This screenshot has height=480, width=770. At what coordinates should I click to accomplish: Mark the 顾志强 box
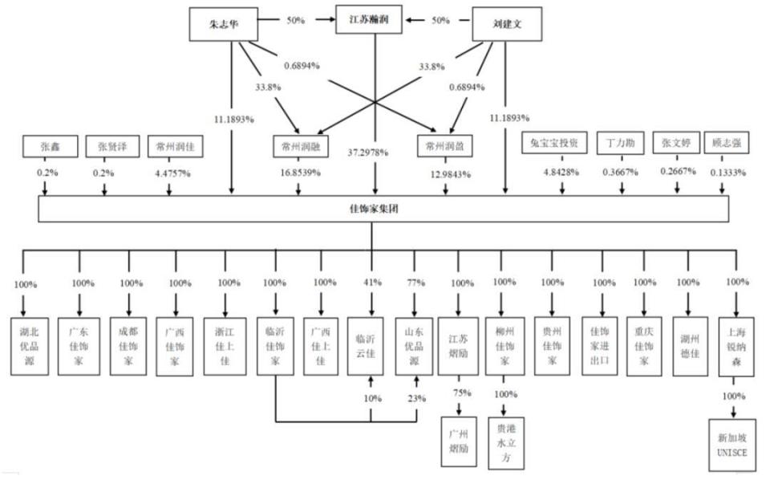pos(726,144)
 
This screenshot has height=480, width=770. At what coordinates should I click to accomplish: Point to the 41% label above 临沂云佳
pos(371,283)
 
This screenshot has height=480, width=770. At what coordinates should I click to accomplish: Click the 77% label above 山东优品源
pos(415,283)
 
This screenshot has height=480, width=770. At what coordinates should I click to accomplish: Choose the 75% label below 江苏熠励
pos(462,393)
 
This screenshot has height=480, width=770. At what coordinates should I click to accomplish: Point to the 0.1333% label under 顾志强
pos(726,173)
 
